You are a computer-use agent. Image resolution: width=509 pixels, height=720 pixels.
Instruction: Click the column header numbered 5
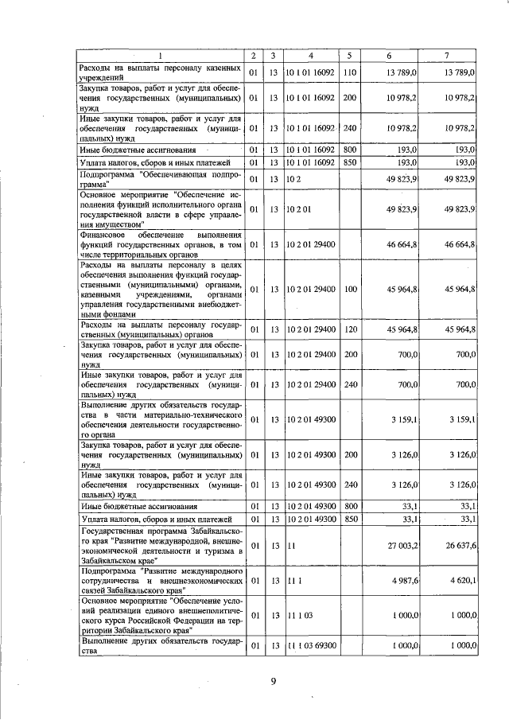[348, 56]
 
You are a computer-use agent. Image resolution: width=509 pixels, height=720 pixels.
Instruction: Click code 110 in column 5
[348, 73]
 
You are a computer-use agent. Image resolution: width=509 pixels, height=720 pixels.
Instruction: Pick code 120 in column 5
[348, 329]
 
